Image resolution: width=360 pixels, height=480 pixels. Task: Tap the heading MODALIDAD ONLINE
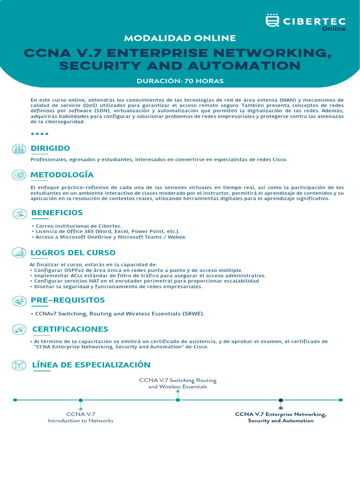click(180, 38)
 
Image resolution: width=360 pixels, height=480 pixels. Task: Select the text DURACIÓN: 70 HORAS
click(180, 81)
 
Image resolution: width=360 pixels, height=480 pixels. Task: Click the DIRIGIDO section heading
click(50, 148)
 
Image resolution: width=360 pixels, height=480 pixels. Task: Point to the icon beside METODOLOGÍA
click(19, 175)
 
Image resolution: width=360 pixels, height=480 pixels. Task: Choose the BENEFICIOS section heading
click(57, 212)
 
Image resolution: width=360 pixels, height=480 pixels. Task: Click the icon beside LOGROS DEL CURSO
click(19, 253)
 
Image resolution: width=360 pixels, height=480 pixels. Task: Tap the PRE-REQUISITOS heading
click(68, 300)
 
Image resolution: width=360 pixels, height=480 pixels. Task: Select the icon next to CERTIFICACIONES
click(19, 329)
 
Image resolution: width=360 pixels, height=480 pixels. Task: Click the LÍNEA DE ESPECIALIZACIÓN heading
click(91, 365)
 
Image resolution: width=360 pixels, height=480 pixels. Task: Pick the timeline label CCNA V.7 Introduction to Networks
click(81, 417)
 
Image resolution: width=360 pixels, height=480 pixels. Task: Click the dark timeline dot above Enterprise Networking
click(281, 400)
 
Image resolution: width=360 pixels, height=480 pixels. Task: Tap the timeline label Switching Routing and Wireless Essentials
click(178, 383)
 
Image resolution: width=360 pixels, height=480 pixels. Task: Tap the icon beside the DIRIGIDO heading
click(19, 149)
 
